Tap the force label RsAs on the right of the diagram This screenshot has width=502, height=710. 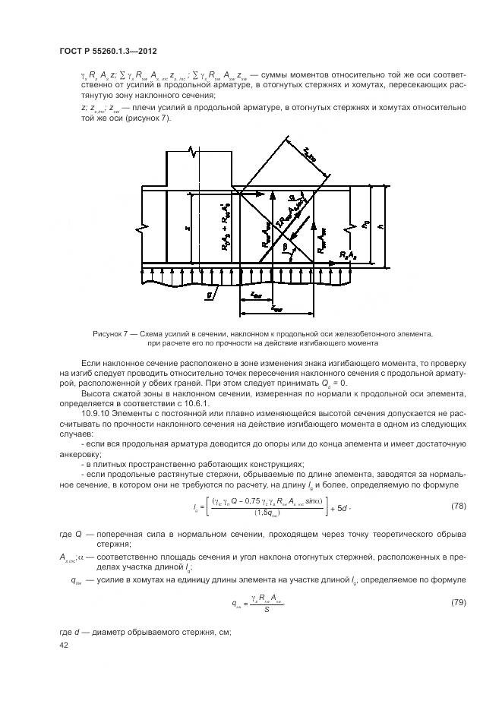(351, 254)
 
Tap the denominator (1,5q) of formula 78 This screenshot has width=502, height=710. (266, 513)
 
